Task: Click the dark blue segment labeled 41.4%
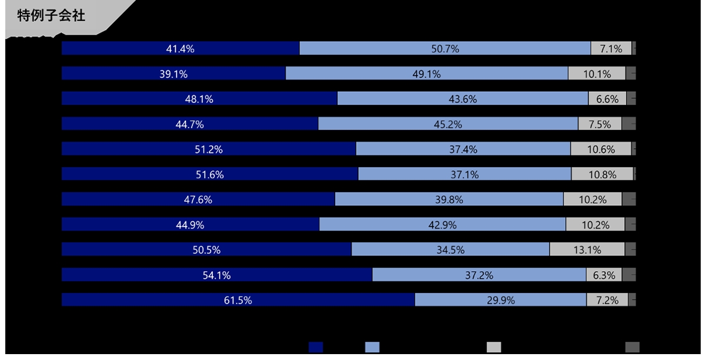coord(180,49)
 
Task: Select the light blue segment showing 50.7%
coord(445,49)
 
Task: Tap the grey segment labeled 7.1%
coord(611,49)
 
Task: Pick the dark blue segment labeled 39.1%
coord(174,74)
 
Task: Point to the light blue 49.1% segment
coord(427,74)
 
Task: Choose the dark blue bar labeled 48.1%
coord(199,99)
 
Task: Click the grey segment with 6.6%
coord(607,99)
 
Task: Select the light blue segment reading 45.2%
coord(448,124)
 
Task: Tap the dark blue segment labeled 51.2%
coord(208,149)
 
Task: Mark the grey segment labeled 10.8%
coord(602,174)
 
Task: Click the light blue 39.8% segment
coord(449,199)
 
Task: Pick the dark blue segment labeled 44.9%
coord(190,225)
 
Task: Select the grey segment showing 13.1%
coord(587,249)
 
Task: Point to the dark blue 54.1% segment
coord(217,275)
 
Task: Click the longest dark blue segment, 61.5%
coord(238,300)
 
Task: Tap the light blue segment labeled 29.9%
coord(501,300)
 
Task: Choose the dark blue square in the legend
coord(316,347)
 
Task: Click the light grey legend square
coord(494,347)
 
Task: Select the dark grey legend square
coord(632,347)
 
